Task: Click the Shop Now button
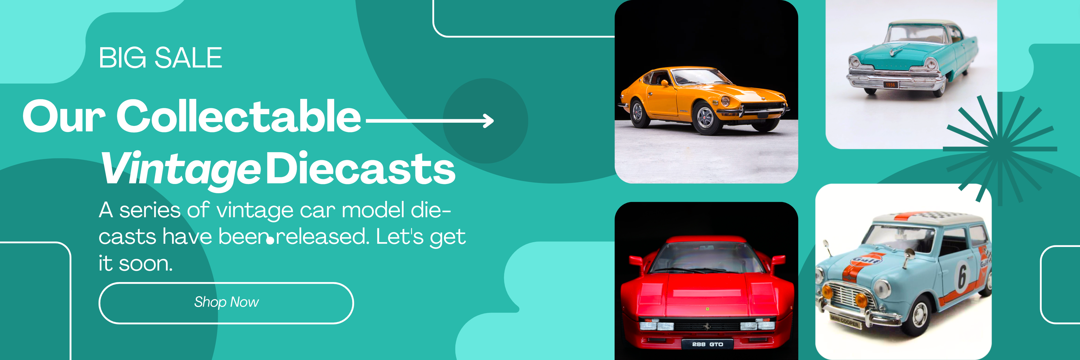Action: (x=226, y=303)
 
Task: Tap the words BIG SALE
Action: (x=161, y=58)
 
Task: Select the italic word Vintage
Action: (x=181, y=169)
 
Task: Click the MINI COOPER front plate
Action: (x=845, y=322)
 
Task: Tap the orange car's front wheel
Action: (x=706, y=118)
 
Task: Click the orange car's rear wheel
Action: (x=638, y=112)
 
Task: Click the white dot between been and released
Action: (x=270, y=241)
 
